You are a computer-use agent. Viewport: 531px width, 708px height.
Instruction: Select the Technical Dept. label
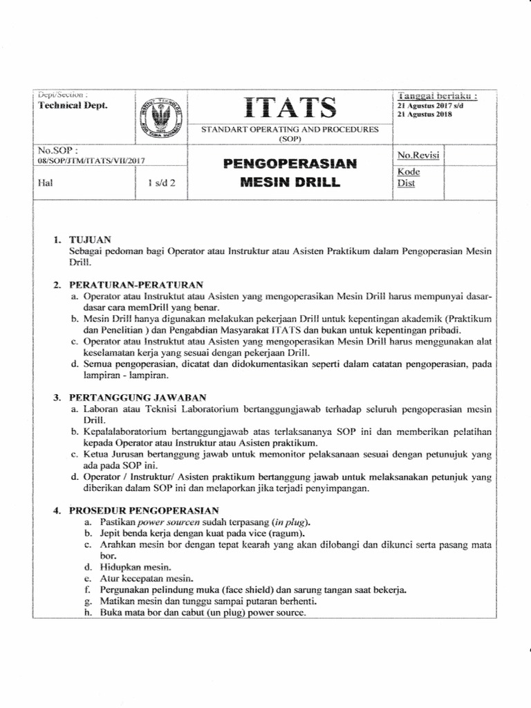coord(73,104)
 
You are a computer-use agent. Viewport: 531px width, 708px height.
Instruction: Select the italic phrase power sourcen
coord(169,522)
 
